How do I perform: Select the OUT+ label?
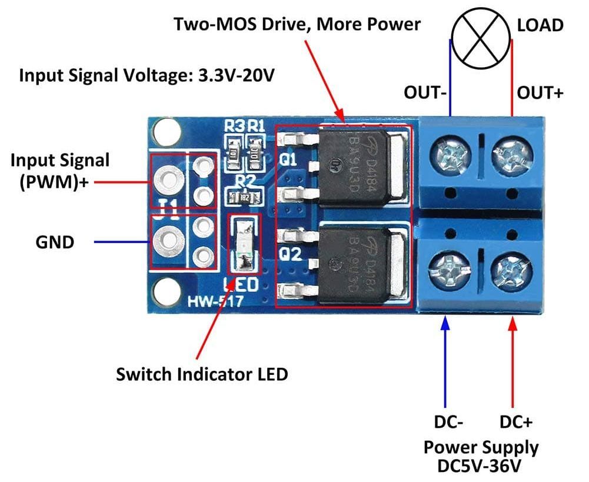tap(540, 93)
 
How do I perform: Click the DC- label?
tap(450, 422)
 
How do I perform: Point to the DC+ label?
tap(516, 422)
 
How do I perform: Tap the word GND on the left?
tap(55, 241)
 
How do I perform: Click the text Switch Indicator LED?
tap(202, 374)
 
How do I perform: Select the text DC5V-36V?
tap(480, 466)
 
